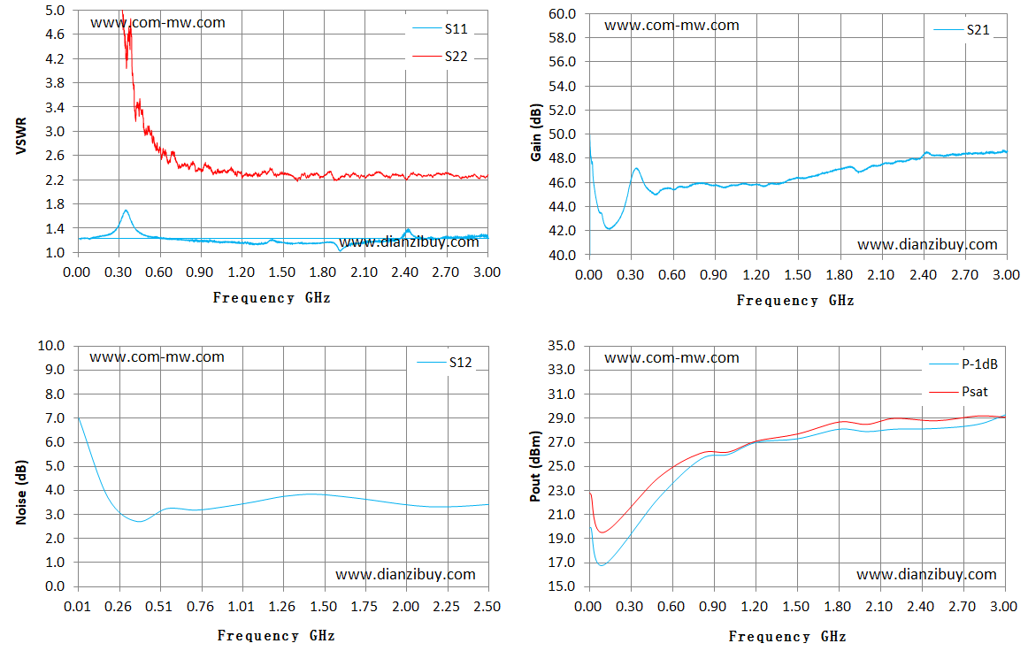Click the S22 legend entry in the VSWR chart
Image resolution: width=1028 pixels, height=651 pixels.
pos(440,57)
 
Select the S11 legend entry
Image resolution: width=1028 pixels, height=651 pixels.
pos(440,29)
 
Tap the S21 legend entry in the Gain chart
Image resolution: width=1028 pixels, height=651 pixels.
pos(962,29)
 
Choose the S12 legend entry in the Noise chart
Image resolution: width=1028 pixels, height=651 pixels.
pos(444,363)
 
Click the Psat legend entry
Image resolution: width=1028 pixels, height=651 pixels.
pos(958,391)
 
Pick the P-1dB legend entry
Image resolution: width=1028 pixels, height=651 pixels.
pos(963,364)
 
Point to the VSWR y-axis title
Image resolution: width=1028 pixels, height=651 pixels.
pos(21,135)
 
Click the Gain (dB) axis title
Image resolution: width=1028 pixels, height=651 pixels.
pos(536,133)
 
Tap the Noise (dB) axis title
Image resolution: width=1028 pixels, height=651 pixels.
pos(21,492)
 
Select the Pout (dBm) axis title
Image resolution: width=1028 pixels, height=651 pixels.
pos(535,466)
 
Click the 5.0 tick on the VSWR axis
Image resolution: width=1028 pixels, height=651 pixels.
pos(55,10)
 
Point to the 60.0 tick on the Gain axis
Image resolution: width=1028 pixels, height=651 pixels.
pos(564,13)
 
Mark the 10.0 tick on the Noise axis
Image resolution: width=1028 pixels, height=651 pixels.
pos(51,346)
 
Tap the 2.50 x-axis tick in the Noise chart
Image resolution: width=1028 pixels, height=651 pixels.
pos(487,607)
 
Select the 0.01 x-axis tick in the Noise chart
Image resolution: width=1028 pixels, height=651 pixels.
pos(77,607)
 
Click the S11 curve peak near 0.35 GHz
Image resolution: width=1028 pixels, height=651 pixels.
pos(126,211)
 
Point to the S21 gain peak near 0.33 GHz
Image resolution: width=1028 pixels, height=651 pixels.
pos(635,168)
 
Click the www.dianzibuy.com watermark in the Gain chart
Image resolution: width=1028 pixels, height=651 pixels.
pos(927,244)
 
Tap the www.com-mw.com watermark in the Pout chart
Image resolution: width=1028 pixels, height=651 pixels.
pos(671,358)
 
